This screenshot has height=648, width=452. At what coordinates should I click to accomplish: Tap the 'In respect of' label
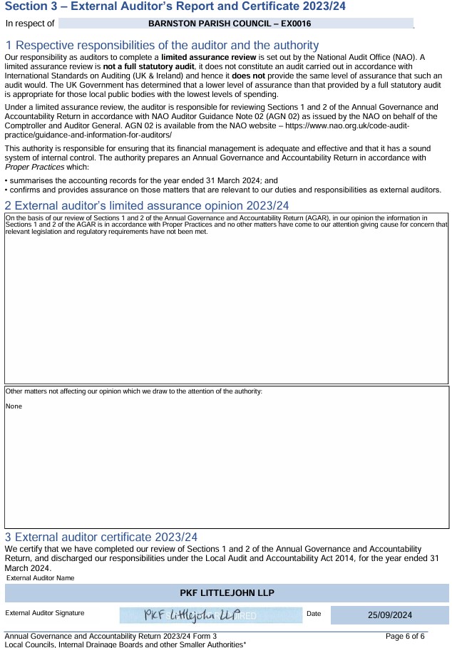30,24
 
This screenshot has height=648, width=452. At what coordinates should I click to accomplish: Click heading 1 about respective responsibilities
162,45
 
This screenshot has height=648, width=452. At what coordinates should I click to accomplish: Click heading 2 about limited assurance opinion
147,205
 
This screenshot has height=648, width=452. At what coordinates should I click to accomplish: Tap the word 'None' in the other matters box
14,406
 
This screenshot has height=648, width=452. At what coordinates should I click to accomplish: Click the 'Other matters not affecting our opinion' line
134,391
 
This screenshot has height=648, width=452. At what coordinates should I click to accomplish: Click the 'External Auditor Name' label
40,578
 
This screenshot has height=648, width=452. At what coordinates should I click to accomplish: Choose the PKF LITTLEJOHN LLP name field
227,593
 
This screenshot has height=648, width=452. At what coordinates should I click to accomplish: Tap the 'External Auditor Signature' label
45,613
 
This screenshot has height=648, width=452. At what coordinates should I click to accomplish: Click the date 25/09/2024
390,615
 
